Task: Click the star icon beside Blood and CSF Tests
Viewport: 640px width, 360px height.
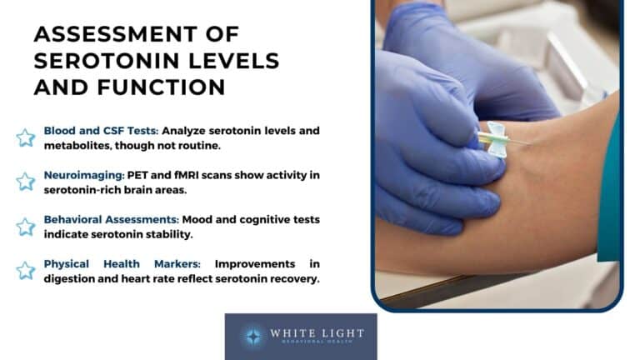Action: pyautogui.click(x=26, y=137)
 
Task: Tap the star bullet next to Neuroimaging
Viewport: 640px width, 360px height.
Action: pyautogui.click(x=26, y=182)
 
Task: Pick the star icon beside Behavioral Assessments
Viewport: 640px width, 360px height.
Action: pyautogui.click(x=26, y=226)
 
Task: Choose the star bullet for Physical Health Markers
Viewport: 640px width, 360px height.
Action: pyautogui.click(x=26, y=270)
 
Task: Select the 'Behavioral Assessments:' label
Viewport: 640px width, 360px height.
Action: pyautogui.click(x=106, y=219)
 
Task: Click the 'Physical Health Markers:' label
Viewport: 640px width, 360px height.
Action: pyautogui.click(x=123, y=264)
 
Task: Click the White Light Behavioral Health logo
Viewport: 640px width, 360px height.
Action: pyautogui.click(x=300, y=336)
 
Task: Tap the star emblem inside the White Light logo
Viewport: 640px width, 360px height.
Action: pyautogui.click(x=252, y=336)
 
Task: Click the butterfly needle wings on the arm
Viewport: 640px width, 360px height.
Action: pyautogui.click(x=495, y=138)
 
